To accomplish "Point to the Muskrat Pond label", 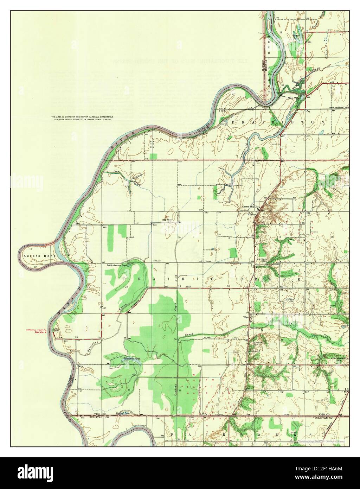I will pos(122,358).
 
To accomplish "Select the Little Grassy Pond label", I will pos(117,266).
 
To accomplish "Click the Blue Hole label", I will pos(292,98).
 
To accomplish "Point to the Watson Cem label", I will pos(290,300).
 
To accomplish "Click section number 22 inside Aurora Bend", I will pos(35,267).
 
